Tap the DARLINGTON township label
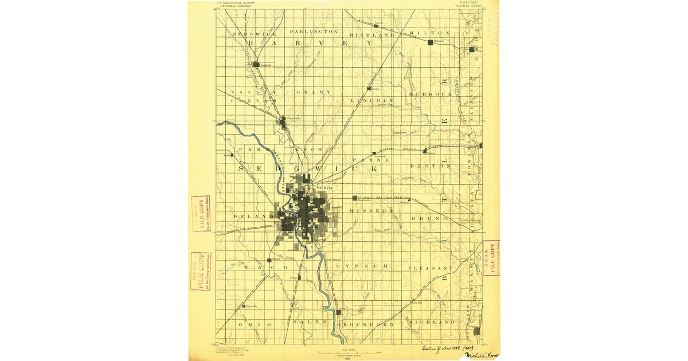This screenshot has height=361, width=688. point(314,31)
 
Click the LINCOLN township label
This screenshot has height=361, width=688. point(372,100)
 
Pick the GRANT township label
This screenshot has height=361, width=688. point(314,92)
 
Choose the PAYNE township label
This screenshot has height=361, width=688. point(371,160)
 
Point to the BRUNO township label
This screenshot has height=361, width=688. point(429,218)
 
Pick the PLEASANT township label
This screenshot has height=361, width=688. point(430,268)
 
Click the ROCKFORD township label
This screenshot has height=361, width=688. point(368,324)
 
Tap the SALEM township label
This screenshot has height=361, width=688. point(310,322)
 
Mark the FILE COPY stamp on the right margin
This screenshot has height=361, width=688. point(491,258)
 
